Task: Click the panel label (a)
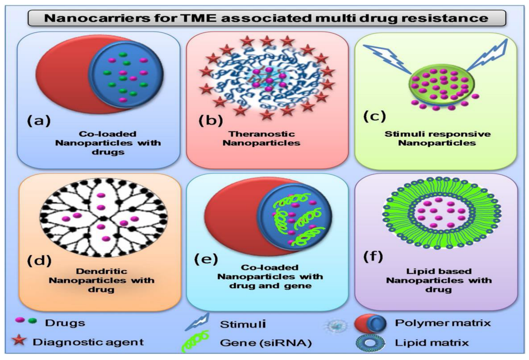coord(39,120)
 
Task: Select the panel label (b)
coord(211,120)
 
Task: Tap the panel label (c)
coord(374,116)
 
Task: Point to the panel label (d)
coord(39,260)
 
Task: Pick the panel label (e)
coord(206,259)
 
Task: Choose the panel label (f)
coord(373,257)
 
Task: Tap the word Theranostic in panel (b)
coord(262,134)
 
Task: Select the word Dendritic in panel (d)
coord(101,271)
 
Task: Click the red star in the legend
coord(19,341)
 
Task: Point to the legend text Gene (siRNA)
coord(266,343)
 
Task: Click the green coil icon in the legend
coord(195,342)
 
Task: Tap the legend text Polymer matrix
coord(442,323)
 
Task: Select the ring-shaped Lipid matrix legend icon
coord(370,343)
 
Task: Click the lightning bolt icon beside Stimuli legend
coord(197,322)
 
